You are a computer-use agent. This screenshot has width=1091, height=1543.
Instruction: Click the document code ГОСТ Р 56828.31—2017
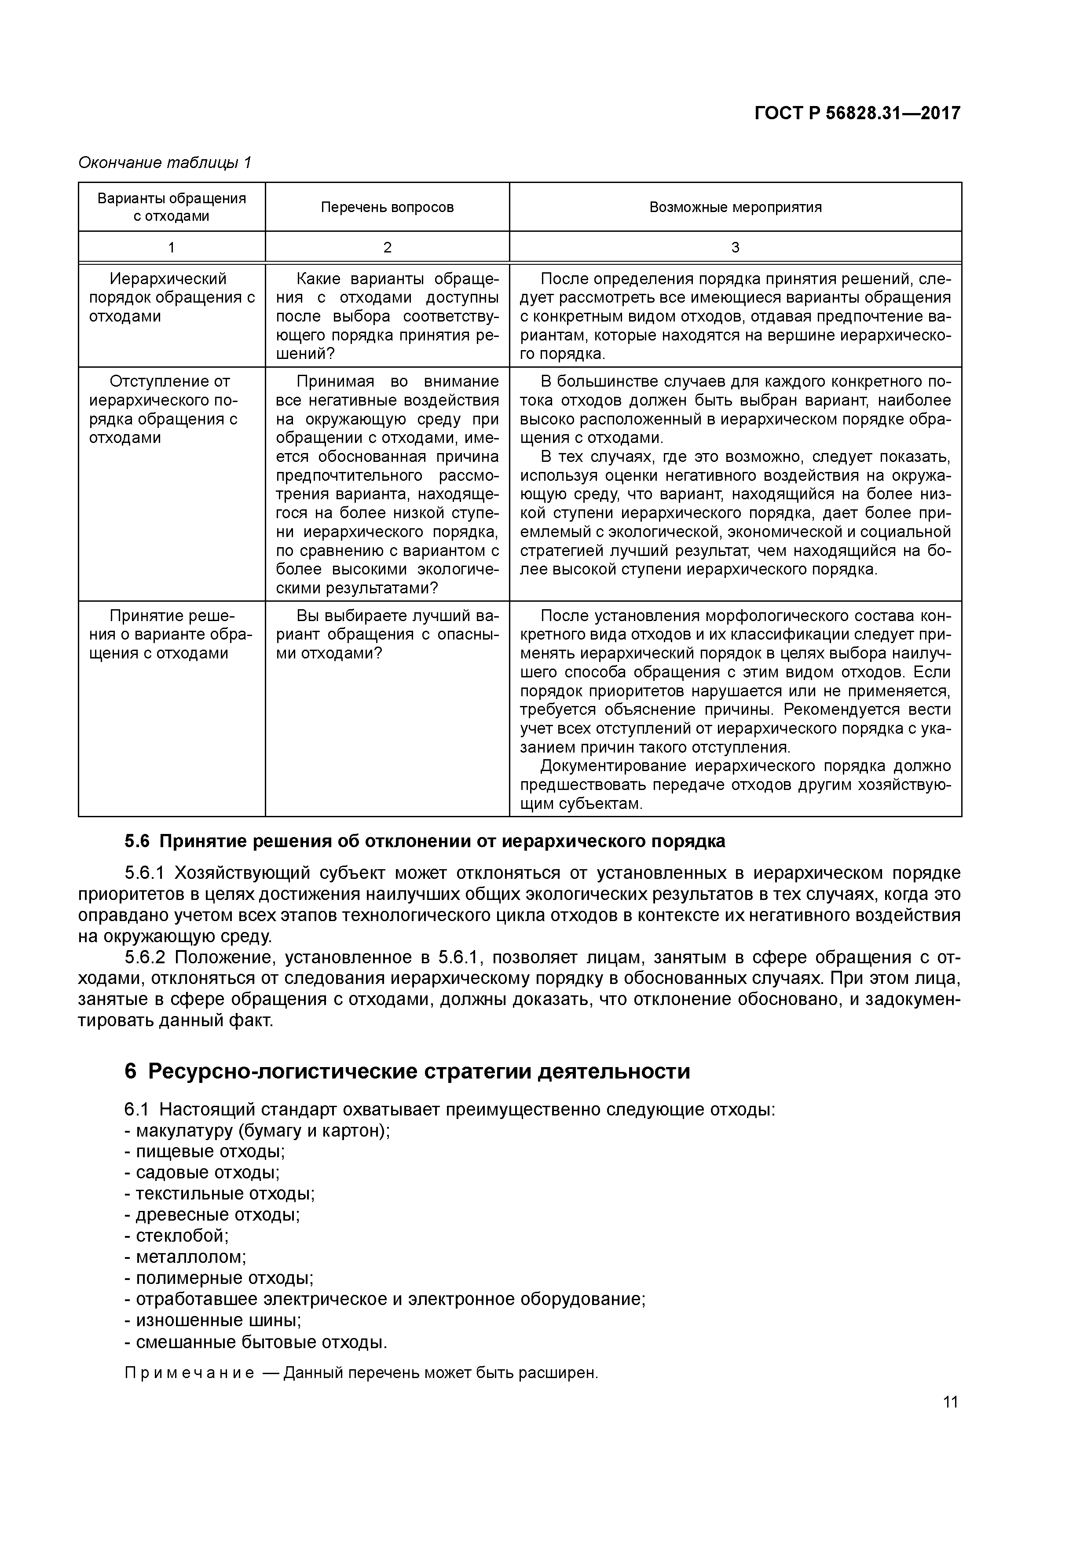click(857, 113)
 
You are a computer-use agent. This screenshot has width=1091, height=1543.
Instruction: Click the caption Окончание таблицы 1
click(165, 163)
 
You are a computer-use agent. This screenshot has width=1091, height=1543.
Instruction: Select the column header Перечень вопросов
click(387, 207)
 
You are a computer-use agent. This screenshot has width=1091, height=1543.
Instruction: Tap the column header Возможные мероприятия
click(736, 207)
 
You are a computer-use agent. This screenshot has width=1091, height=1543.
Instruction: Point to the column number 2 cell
click(387, 247)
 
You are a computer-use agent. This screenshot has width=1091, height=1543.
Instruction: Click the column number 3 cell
click(736, 247)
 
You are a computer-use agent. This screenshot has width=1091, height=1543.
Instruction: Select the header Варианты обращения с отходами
click(172, 207)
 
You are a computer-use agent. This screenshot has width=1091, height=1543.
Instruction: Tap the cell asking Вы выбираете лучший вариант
click(387, 634)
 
